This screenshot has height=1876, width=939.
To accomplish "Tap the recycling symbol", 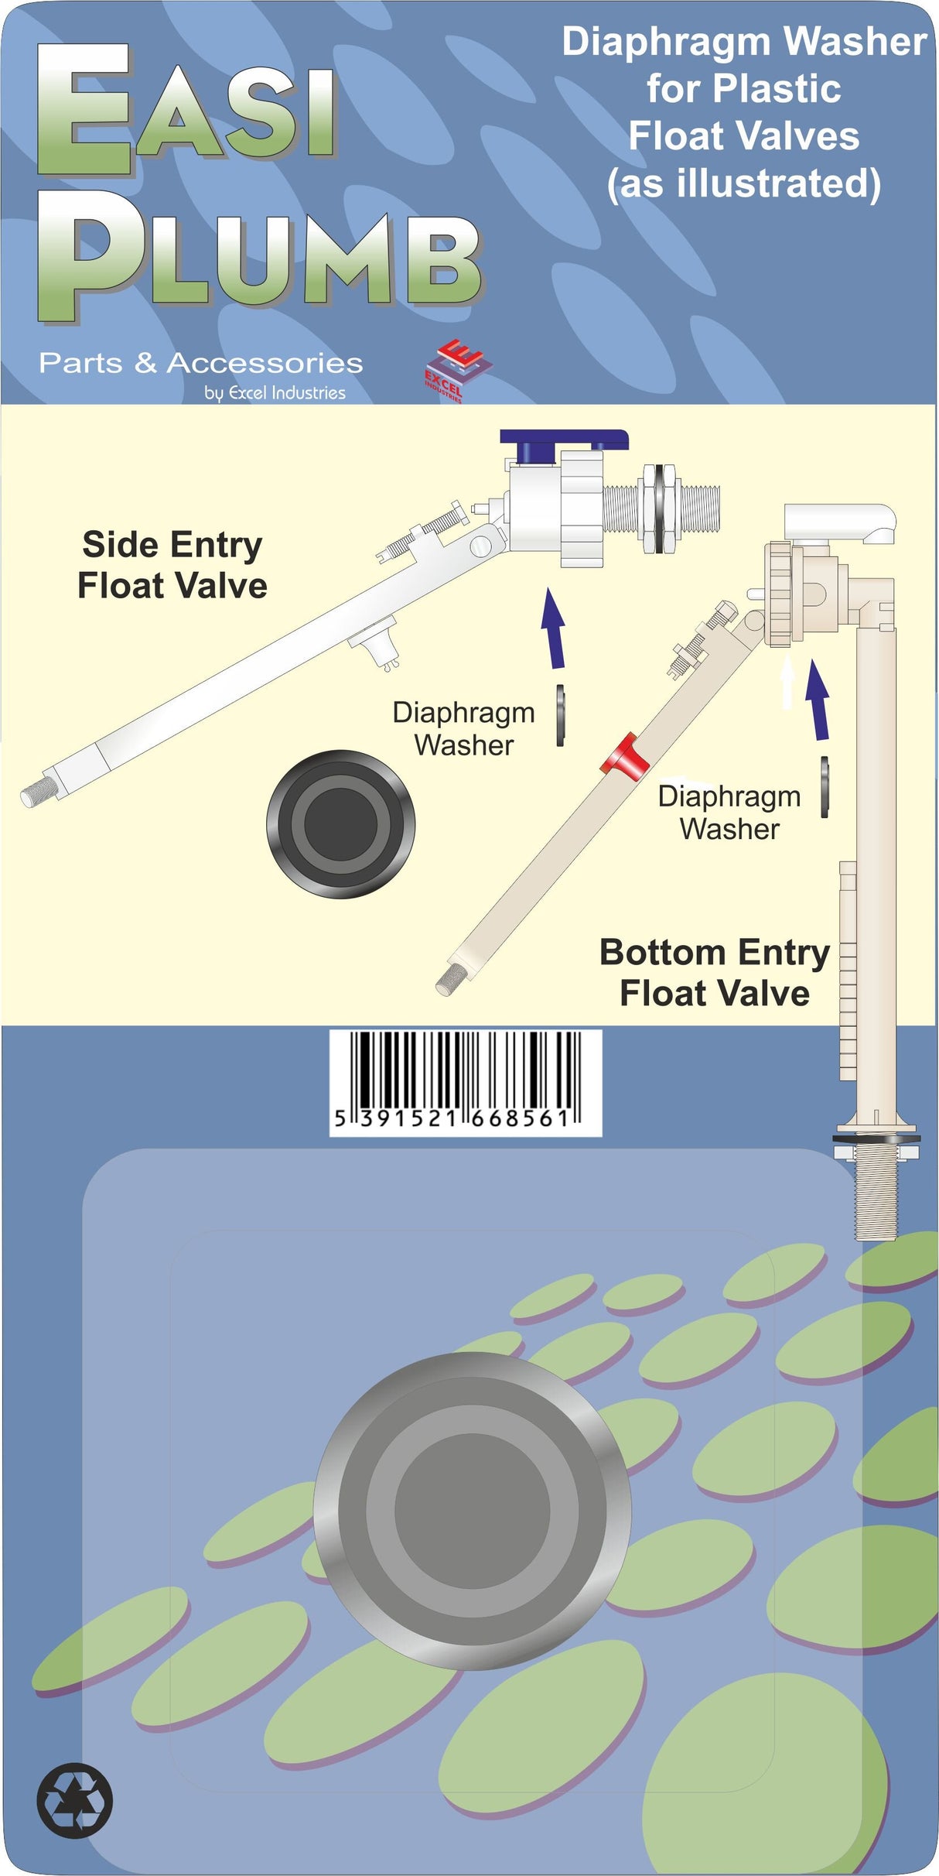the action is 75,1800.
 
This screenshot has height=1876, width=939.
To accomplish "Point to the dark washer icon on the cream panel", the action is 340,824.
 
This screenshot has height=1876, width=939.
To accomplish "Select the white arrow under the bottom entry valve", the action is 787,681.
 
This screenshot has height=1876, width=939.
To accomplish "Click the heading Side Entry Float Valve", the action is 172,565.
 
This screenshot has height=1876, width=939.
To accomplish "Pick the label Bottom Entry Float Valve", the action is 714,972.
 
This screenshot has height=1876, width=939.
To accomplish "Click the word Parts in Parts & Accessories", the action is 80,363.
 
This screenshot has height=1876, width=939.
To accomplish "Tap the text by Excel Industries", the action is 275,392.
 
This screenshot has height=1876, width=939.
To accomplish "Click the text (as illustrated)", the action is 743,184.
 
